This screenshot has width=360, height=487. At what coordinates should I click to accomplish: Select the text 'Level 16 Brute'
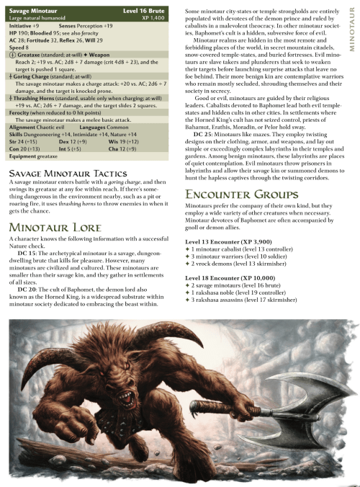(x=153, y=7)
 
